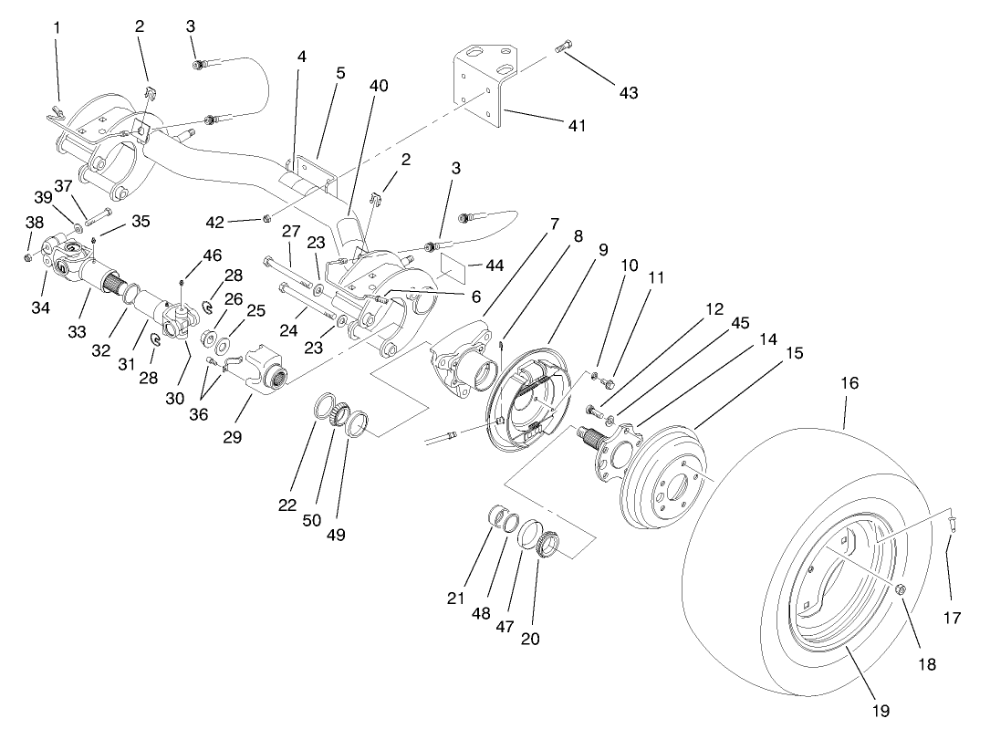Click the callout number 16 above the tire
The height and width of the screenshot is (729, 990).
point(849,384)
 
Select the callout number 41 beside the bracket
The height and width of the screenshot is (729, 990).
point(576,125)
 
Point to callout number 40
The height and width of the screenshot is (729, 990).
point(379,85)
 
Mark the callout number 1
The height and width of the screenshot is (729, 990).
point(57,27)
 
